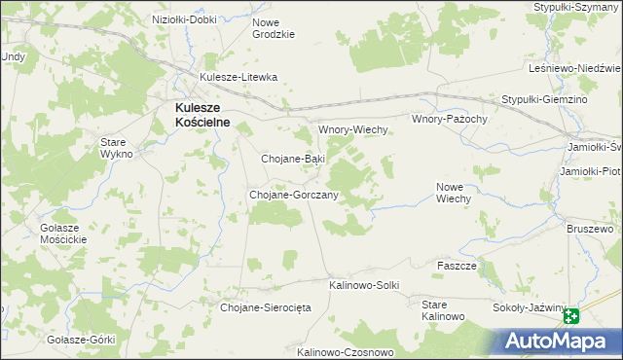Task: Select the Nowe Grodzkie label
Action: click(x=273, y=28)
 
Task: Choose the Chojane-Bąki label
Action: click(x=293, y=158)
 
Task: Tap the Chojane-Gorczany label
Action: click(x=294, y=195)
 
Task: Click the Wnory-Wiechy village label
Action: click(x=354, y=129)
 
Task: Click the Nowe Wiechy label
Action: click(x=454, y=193)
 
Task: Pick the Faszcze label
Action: click(x=457, y=266)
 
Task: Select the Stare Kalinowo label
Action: click(x=442, y=311)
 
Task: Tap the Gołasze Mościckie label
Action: click(x=63, y=234)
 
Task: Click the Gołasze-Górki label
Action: click(x=81, y=340)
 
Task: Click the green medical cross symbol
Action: click(x=570, y=316)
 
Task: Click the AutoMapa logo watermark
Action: click(x=564, y=341)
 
